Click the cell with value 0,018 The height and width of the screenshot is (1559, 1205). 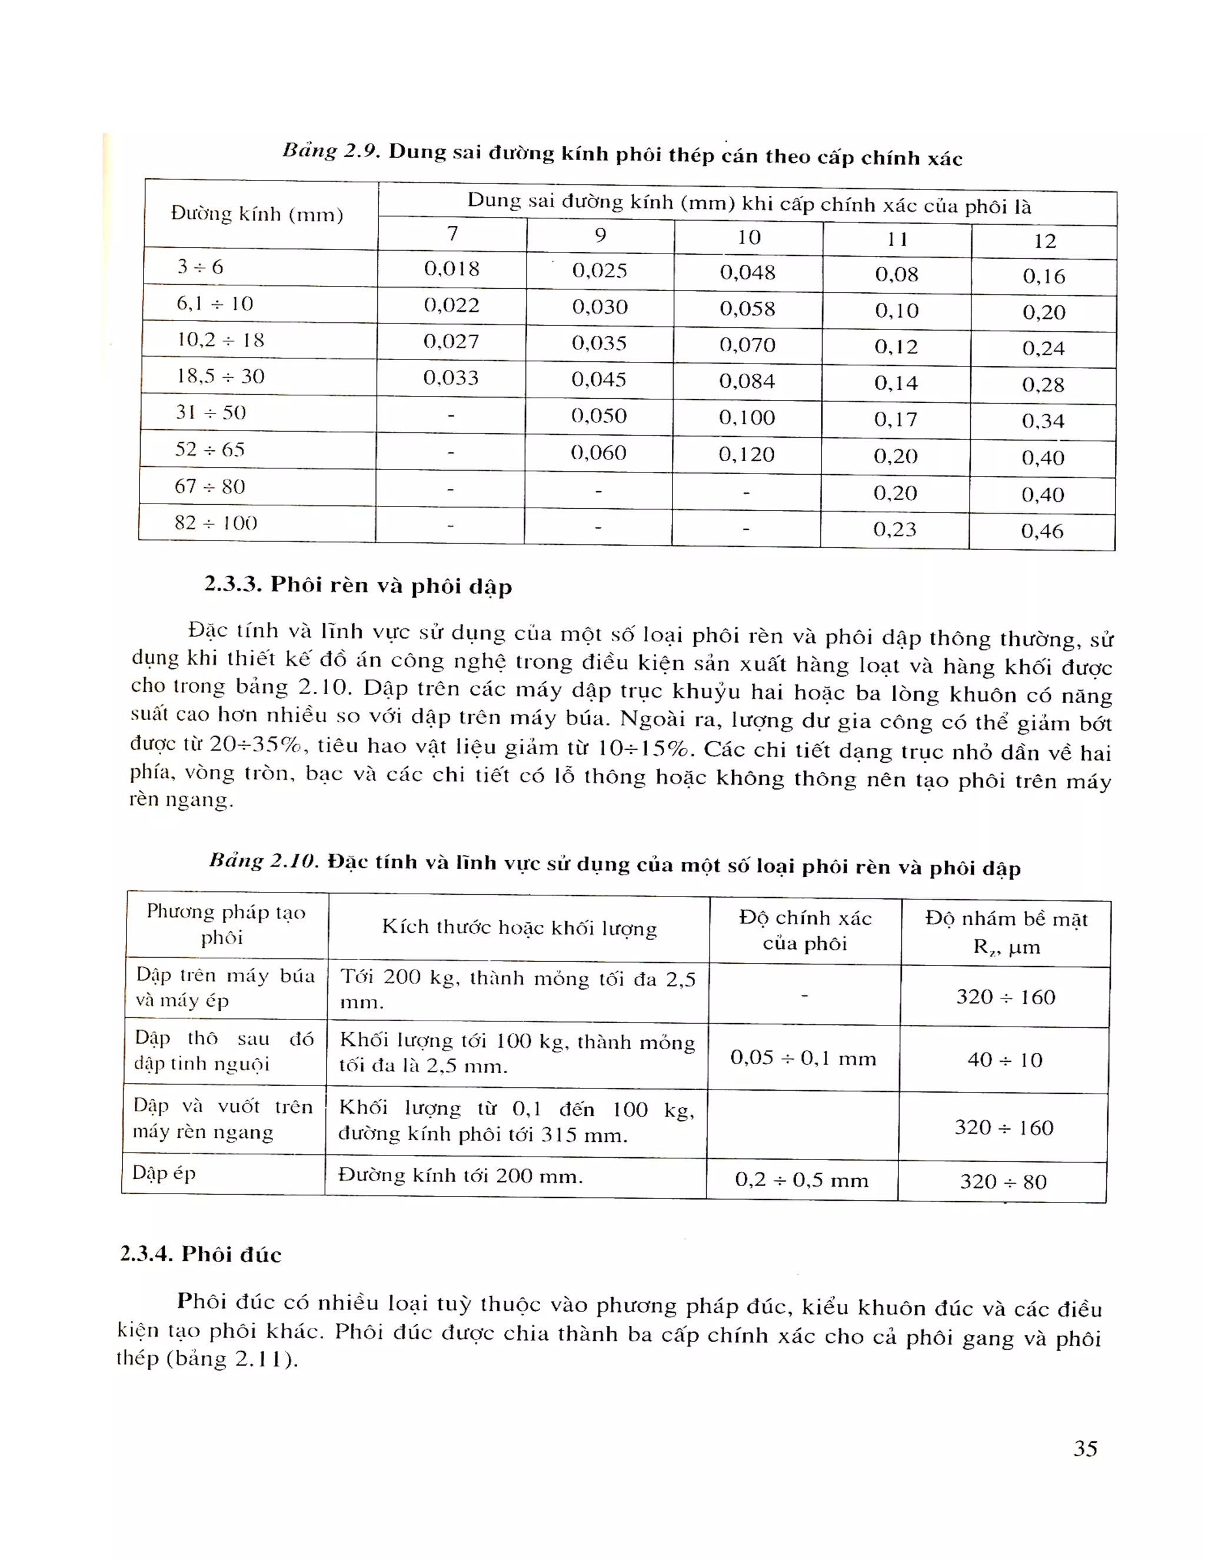[451, 268]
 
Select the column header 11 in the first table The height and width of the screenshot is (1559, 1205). [897, 238]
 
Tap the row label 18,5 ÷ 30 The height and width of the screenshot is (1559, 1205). [220, 375]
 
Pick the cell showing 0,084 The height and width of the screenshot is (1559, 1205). [747, 381]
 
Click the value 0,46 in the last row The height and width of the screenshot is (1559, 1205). [1041, 531]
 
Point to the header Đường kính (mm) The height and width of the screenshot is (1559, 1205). [257, 214]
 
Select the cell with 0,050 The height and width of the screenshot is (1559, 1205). [598, 415]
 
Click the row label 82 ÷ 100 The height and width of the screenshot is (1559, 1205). [215, 522]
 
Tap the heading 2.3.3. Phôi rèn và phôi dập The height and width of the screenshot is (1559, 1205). [358, 585]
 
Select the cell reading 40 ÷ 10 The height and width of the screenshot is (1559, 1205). [1004, 1060]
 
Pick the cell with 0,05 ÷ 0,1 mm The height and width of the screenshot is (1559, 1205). [803, 1057]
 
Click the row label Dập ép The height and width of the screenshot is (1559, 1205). [164, 1173]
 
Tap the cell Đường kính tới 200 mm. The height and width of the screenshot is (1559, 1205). [461, 1175]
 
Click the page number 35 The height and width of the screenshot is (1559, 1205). [1085, 1448]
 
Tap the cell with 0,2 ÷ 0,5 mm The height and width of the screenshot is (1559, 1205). [802, 1179]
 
